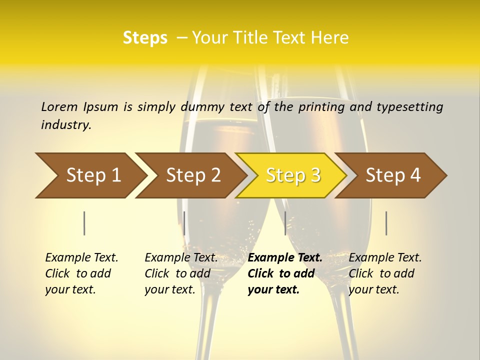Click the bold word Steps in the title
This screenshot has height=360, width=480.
click(x=145, y=38)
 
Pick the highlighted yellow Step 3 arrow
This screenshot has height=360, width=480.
click(x=292, y=175)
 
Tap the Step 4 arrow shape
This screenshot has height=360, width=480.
click(x=392, y=175)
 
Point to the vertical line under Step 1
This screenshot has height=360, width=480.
click(x=84, y=223)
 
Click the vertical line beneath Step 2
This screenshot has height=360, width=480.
click(x=184, y=223)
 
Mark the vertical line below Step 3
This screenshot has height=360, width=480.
click(x=285, y=223)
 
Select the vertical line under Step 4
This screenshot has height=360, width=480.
click(x=386, y=223)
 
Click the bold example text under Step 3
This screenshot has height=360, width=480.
click(x=285, y=273)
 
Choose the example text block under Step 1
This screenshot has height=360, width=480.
click(x=81, y=273)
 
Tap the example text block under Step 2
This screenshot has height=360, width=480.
click(x=181, y=273)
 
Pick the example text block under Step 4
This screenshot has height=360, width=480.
click(x=385, y=273)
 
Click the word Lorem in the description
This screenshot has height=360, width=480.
click(x=59, y=106)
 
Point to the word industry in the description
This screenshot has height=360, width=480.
click(x=65, y=125)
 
